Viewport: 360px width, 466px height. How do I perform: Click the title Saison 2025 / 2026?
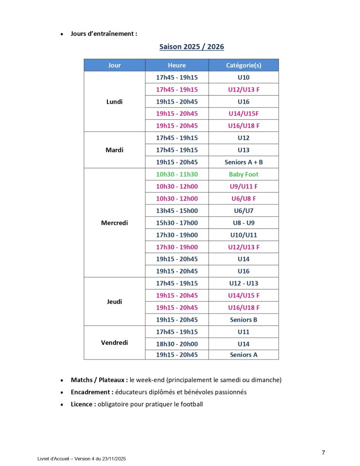[x=192, y=47]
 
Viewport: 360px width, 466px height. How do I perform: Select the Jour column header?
[x=114, y=65]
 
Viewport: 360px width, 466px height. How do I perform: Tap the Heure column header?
[x=177, y=65]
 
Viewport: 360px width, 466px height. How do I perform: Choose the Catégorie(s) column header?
[x=243, y=65]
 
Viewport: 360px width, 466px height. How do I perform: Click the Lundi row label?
[x=114, y=101]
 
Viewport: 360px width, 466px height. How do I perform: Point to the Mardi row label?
[x=114, y=150]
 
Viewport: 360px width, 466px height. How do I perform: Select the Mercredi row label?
[x=114, y=223]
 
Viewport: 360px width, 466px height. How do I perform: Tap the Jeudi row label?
[x=114, y=301]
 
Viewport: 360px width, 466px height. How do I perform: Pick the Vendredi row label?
[x=114, y=343]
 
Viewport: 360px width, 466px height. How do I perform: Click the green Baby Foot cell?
[x=243, y=174]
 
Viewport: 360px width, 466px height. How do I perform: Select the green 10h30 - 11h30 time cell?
[x=177, y=174]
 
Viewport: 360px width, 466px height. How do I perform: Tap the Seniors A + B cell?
[x=243, y=162]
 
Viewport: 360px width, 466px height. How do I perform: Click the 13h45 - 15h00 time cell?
[x=177, y=211]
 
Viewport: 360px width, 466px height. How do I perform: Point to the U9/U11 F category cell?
[x=243, y=186]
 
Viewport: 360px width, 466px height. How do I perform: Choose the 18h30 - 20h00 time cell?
[x=177, y=344]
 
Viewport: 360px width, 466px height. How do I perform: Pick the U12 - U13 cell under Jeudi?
[x=243, y=283]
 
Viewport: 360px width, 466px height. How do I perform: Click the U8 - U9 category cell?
[x=243, y=223]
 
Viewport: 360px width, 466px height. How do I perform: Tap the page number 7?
[x=323, y=452]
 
